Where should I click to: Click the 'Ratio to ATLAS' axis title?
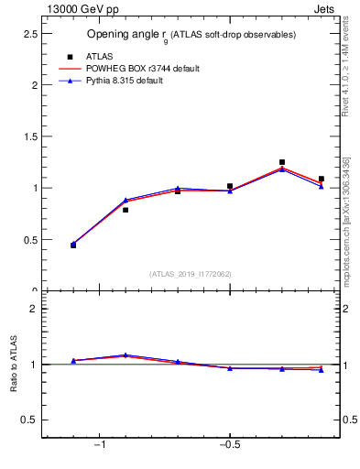tap(14, 365)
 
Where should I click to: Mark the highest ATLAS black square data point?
tap(282, 162)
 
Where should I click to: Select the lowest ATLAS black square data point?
tap(73, 245)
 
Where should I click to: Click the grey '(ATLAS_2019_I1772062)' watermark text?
tap(190, 273)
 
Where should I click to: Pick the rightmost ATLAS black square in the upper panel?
tap(321, 179)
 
